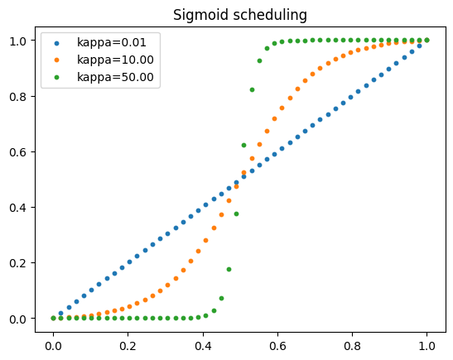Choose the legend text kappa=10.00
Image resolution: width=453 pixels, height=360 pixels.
111,60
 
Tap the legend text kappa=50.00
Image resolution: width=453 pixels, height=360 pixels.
111,78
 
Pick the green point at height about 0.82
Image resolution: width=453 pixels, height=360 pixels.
252,89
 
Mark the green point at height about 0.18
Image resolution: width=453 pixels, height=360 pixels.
229,269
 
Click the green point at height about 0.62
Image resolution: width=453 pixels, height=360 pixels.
243,145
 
